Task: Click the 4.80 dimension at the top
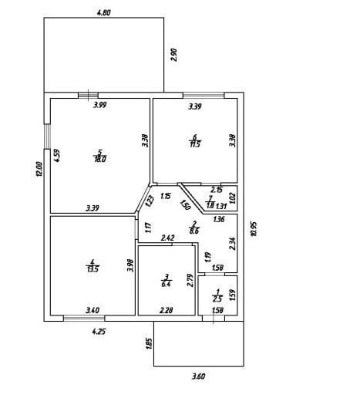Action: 104,12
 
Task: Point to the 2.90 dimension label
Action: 174,55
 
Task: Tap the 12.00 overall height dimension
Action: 39,170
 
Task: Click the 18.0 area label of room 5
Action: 100,160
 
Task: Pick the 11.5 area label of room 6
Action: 195,144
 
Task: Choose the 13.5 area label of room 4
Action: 93,269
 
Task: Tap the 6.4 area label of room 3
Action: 167,285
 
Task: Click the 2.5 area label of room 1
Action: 217,299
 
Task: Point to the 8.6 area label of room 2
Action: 194,231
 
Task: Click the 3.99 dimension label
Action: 100,105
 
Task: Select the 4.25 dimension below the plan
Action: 99,332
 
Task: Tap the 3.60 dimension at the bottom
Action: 198,376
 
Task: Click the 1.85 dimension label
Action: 150,344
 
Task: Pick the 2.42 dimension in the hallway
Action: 168,238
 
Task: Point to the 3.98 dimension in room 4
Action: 130,265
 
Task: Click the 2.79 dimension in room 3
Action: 190,280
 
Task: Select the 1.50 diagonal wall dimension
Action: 185,205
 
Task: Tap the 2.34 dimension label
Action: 232,244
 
